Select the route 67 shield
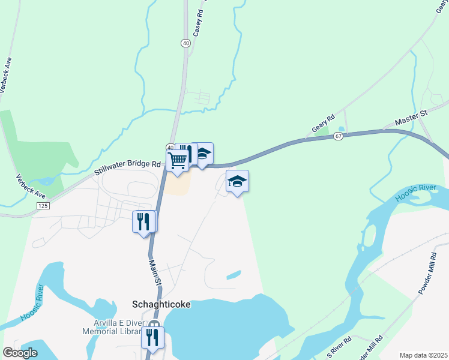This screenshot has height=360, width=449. pyautogui.click(x=339, y=137)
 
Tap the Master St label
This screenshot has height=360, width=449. pyautogui.click(x=410, y=118)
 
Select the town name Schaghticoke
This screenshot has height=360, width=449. pyautogui.click(x=161, y=304)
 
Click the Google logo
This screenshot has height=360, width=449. pyautogui.click(x=20, y=352)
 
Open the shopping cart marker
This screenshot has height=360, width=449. pyautogui.click(x=178, y=160)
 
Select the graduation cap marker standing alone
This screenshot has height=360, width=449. pyautogui.click(x=237, y=182)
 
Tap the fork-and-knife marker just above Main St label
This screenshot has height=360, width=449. pyautogui.click(x=143, y=222)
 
